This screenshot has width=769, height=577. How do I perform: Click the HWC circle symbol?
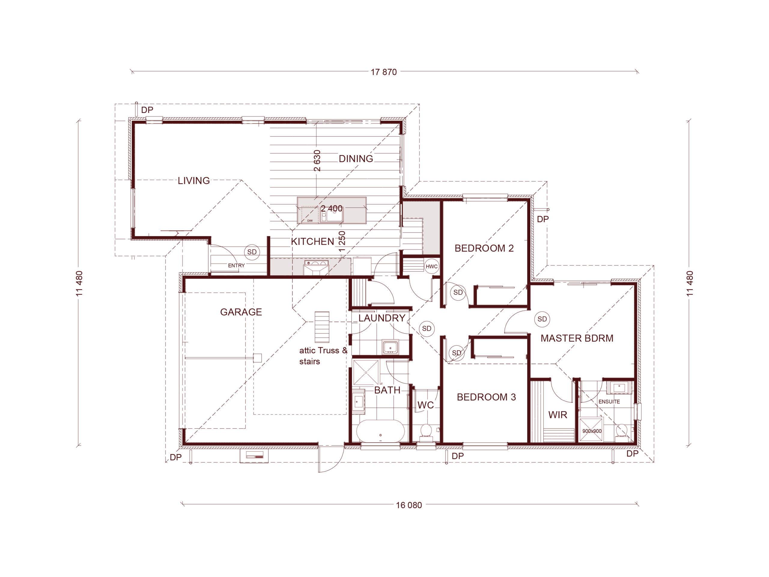pyautogui.click(x=431, y=267)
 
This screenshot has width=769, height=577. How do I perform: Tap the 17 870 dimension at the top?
pyautogui.click(x=384, y=72)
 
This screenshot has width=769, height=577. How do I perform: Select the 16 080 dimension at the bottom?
pyautogui.click(x=409, y=505)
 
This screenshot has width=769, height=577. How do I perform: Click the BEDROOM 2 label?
pyautogui.click(x=484, y=248)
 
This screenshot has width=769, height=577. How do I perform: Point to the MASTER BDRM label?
pyautogui.click(x=577, y=338)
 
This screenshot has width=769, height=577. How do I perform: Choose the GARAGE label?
pyautogui.click(x=241, y=312)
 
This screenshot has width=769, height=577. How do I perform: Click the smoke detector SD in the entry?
pyautogui.click(x=252, y=252)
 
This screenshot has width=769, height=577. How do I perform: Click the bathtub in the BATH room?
pyautogui.click(x=380, y=431)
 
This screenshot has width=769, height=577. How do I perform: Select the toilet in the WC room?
pyautogui.click(x=426, y=432)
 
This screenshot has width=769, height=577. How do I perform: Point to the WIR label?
pyautogui.click(x=558, y=415)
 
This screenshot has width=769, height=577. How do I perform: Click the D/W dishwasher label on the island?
pyautogui.click(x=310, y=221)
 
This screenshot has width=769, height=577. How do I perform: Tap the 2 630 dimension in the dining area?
pyautogui.click(x=317, y=161)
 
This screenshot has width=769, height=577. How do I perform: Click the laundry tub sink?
pyautogui.click(x=390, y=347)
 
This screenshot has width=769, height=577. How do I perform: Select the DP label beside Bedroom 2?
pyautogui.click(x=543, y=219)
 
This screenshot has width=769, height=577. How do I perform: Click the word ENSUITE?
pyautogui.click(x=609, y=401)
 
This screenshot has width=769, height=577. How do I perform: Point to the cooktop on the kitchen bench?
pyautogui.click(x=316, y=263)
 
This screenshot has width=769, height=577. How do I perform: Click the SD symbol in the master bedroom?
pyautogui.click(x=542, y=319)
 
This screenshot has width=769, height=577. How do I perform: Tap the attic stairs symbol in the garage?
pyautogui.click(x=322, y=327)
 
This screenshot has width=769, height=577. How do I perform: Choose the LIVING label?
pyautogui.click(x=194, y=181)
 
